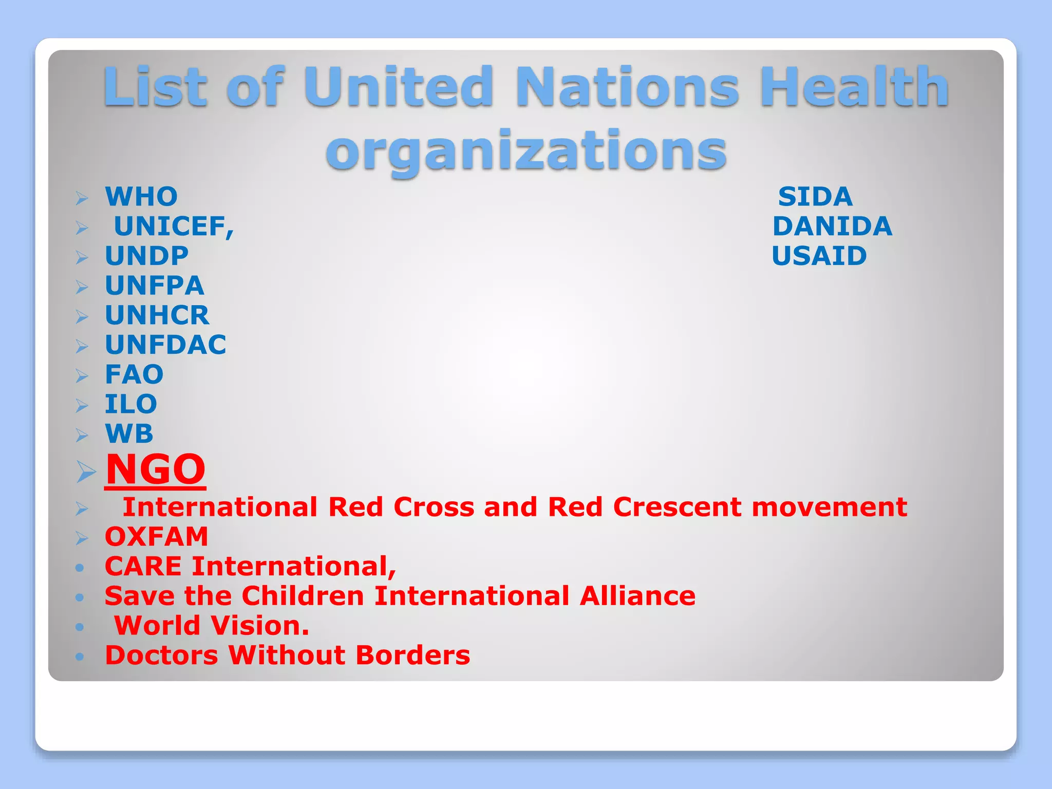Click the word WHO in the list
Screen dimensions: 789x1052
tap(141, 197)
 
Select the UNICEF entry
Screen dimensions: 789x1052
tap(174, 227)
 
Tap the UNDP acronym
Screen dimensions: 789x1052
tap(147, 256)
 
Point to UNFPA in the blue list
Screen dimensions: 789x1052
tap(155, 286)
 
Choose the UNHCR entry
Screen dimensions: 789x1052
tap(157, 315)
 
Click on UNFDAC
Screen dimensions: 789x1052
tap(165, 345)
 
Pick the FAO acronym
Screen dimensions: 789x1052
tap(134, 374)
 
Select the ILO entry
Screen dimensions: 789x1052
tap(131, 404)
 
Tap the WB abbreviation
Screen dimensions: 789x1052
tap(129, 434)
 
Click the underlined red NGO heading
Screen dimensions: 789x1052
tap(156, 469)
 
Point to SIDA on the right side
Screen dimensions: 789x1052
tap(815, 197)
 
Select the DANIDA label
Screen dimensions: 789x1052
tap(832, 227)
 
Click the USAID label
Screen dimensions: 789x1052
tap(819, 256)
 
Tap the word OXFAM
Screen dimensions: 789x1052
tap(157, 537)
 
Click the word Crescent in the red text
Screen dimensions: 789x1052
tap(677, 508)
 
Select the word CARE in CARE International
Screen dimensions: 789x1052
tap(143, 567)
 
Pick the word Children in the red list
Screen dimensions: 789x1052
tap(303, 596)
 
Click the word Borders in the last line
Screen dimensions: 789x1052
tap(412, 655)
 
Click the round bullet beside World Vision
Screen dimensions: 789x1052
tap(79, 627)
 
